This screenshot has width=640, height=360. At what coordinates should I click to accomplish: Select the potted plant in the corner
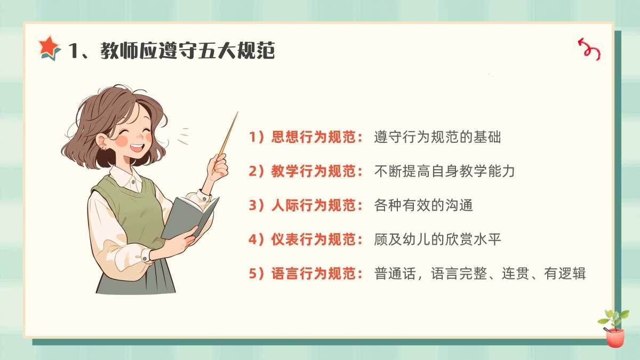click(x=614, y=329)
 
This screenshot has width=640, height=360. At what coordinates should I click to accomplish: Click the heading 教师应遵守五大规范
click(x=188, y=51)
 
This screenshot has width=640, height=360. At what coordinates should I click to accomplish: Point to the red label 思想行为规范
click(x=313, y=137)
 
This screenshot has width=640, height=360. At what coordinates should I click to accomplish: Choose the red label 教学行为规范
click(x=313, y=171)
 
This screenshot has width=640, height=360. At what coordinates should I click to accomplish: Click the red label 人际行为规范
click(x=313, y=205)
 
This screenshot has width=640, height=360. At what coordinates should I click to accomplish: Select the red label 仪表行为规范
click(x=313, y=239)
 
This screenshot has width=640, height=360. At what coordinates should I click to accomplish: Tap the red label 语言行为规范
click(x=313, y=274)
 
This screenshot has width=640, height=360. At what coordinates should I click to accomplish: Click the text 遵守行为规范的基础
click(x=437, y=137)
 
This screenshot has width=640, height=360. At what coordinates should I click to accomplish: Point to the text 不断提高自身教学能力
click(x=445, y=171)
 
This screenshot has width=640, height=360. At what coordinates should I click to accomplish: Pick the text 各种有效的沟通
click(x=423, y=205)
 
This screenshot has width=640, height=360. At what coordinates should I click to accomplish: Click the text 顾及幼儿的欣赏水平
click(x=437, y=239)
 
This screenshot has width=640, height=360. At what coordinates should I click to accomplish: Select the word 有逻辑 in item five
click(x=565, y=274)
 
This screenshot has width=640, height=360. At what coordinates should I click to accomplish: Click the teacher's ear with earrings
click(x=102, y=142)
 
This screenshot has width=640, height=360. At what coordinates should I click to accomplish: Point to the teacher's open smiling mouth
click(x=137, y=148)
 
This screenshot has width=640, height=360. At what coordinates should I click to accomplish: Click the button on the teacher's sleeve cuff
click(x=145, y=259)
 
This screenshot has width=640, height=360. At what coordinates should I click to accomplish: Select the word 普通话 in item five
click(x=395, y=274)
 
